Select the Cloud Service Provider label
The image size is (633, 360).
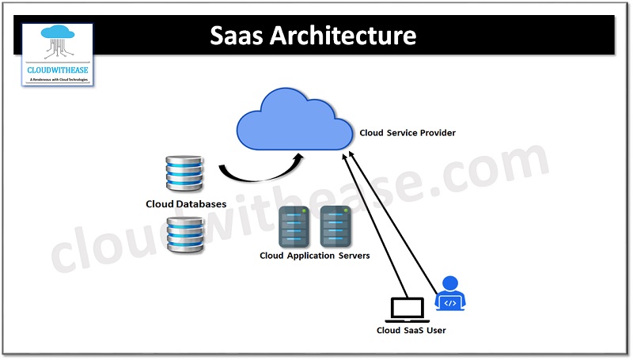point(407,133)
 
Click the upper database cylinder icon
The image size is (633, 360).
point(184,175)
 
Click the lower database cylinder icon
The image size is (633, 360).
point(184,235)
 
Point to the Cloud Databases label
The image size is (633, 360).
point(186,204)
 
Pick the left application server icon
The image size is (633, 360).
point(294,227)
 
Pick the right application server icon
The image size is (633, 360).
point(335,227)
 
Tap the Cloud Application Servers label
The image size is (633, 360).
point(314,256)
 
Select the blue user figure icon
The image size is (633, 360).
point(450,294)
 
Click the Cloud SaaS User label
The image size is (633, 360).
point(411,330)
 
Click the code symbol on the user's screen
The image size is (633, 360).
point(450,303)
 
